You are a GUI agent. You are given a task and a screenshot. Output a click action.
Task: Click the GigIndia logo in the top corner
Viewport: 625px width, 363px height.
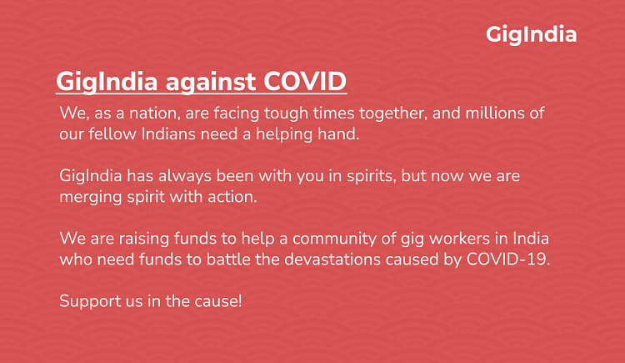[x=531, y=34]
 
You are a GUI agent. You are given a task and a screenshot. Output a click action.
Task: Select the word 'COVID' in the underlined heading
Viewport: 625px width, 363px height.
[x=305, y=82]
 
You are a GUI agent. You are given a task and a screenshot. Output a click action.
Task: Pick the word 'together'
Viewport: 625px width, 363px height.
[x=397, y=113]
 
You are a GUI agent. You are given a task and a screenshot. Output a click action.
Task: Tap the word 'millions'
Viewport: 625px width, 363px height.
[x=496, y=113]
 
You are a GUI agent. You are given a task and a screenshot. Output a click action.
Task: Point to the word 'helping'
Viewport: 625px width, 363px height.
[x=285, y=134]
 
